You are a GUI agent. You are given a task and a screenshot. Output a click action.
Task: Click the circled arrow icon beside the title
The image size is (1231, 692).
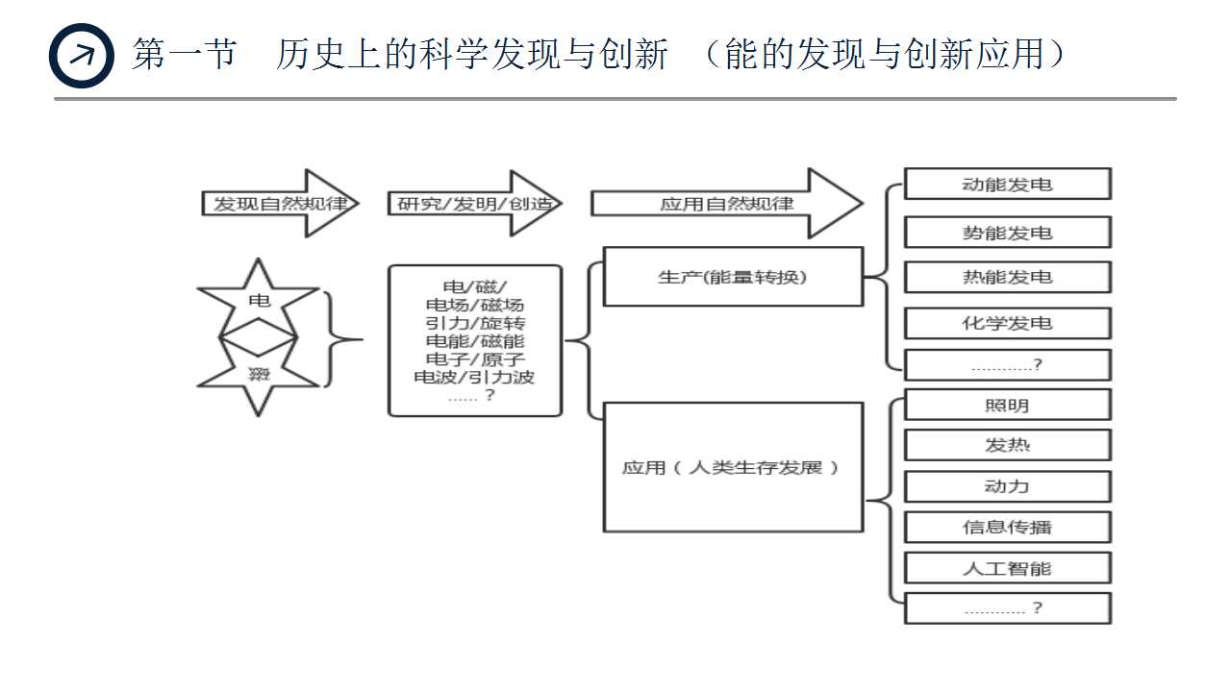pos(81,56)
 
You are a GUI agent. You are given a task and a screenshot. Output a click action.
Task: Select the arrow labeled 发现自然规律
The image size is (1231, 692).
pos(273,204)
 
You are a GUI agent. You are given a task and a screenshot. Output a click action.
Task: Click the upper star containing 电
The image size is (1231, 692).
pos(258,299)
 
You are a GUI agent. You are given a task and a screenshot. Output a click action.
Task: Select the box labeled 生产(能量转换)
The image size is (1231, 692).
pos(733,277)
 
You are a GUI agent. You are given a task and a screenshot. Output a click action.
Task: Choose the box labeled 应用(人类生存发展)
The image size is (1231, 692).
pos(733,467)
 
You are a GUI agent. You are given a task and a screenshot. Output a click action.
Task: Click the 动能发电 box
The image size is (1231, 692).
pos(1007,184)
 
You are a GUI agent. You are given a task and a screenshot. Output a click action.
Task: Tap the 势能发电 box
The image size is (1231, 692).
pos(1007,233)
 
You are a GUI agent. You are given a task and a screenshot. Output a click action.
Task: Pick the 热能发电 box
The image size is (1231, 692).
pos(1007,278)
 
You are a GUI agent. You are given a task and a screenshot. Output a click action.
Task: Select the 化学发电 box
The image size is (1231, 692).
pos(1007,323)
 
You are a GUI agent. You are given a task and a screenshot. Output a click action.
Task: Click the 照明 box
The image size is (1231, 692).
pos(1007,405)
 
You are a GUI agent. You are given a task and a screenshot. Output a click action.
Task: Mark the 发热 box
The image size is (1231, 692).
pos(1007,445)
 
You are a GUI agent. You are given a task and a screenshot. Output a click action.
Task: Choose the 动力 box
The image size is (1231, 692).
pos(1007,486)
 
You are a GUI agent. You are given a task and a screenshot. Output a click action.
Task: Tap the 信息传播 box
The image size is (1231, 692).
pos(1007,527)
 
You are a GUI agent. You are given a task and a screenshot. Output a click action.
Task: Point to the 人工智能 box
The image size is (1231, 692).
pos(1007,568)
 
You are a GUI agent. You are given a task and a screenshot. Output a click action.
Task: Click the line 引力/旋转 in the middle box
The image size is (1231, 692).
pos(475,323)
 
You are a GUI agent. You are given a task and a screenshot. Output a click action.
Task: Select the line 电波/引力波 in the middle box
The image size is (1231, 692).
pos(475,377)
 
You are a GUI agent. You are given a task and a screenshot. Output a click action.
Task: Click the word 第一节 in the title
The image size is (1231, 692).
pos(184,55)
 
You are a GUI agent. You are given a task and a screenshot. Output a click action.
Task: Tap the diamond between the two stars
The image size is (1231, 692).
pos(258,338)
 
